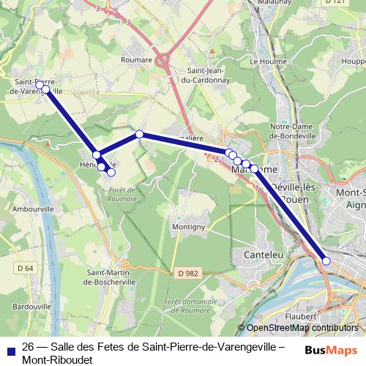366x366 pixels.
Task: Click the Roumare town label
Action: pos(137,60)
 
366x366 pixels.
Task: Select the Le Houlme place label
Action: pos(266,61)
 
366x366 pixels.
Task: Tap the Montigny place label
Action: pos(187,227)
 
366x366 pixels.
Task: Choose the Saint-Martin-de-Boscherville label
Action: pos(108,277)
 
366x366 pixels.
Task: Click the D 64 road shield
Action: pos(25,268)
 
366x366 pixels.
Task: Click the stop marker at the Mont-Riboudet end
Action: pos(326,261)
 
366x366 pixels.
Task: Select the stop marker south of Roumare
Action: pos(139,134)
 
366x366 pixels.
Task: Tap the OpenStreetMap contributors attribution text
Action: pos(302,328)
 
